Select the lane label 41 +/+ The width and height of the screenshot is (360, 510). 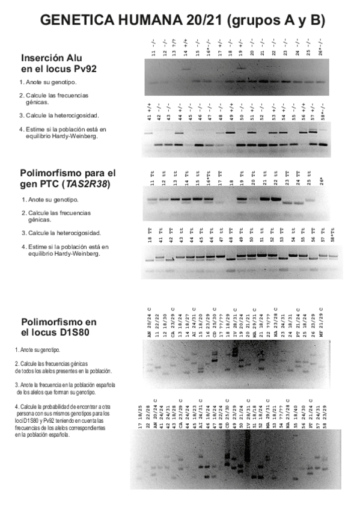click(148, 111)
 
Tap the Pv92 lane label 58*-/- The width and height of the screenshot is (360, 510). click(323, 111)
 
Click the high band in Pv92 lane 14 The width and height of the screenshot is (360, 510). click(186, 69)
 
